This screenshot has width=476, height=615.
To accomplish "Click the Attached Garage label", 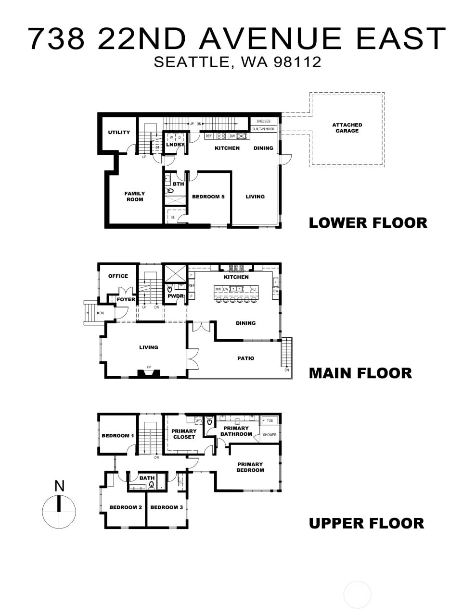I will (347, 128).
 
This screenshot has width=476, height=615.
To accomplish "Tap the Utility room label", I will (119, 132).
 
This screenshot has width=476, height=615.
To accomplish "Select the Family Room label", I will (135, 197).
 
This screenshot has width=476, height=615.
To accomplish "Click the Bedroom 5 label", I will (208, 197).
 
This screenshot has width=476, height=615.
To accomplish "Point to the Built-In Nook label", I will (263, 129).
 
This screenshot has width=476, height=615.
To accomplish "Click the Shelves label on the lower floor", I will (263, 122).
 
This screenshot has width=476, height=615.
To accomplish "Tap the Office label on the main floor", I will (118, 276).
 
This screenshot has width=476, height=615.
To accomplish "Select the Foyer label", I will (126, 299).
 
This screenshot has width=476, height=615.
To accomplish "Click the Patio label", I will (245, 358).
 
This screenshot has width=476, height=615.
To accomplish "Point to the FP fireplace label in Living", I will (149, 368).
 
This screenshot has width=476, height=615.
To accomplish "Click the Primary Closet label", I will (184, 434).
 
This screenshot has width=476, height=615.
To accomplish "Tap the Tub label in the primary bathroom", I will (270, 421).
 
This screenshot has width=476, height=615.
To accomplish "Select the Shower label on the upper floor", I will (270, 435).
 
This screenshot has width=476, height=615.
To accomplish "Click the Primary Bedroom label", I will (250, 467).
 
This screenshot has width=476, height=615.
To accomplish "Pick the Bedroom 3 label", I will (167, 507).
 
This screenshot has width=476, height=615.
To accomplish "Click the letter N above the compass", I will (59, 486).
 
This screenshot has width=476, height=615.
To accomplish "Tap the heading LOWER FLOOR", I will (368, 223).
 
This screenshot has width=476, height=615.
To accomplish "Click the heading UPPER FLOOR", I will (366, 523).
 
